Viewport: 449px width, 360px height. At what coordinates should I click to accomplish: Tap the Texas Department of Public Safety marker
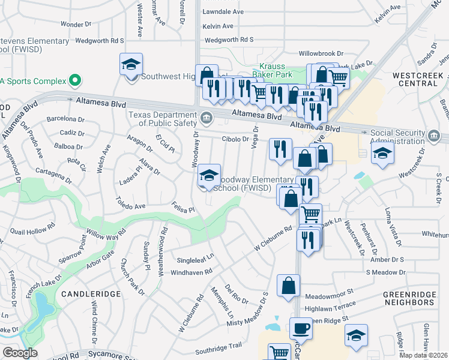(207, 116)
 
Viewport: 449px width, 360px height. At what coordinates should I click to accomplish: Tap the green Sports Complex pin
(74, 80)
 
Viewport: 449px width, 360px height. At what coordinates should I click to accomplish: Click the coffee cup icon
(301, 329)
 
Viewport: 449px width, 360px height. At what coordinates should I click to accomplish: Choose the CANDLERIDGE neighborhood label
(91, 293)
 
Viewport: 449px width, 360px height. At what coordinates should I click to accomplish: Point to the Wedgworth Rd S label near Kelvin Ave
(229, 40)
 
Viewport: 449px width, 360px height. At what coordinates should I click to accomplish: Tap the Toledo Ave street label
(131, 203)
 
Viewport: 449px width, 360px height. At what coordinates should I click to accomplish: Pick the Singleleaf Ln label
(195, 260)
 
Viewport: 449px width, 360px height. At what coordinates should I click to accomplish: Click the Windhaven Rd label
(192, 272)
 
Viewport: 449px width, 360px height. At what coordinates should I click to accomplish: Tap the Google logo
(20, 353)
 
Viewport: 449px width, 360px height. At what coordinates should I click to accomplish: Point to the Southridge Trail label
(218, 346)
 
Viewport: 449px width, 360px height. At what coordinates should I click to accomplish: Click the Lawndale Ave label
(223, 12)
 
